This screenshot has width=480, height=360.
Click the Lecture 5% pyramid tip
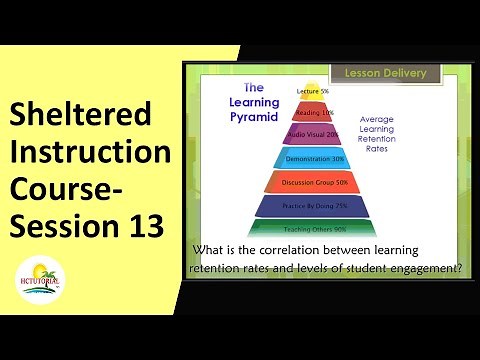314,92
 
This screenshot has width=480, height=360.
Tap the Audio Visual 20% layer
313,133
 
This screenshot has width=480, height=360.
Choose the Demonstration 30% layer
313,158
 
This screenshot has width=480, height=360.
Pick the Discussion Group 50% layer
313,182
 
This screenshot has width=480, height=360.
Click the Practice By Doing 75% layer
313,207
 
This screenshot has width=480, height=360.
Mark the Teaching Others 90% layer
313,230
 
